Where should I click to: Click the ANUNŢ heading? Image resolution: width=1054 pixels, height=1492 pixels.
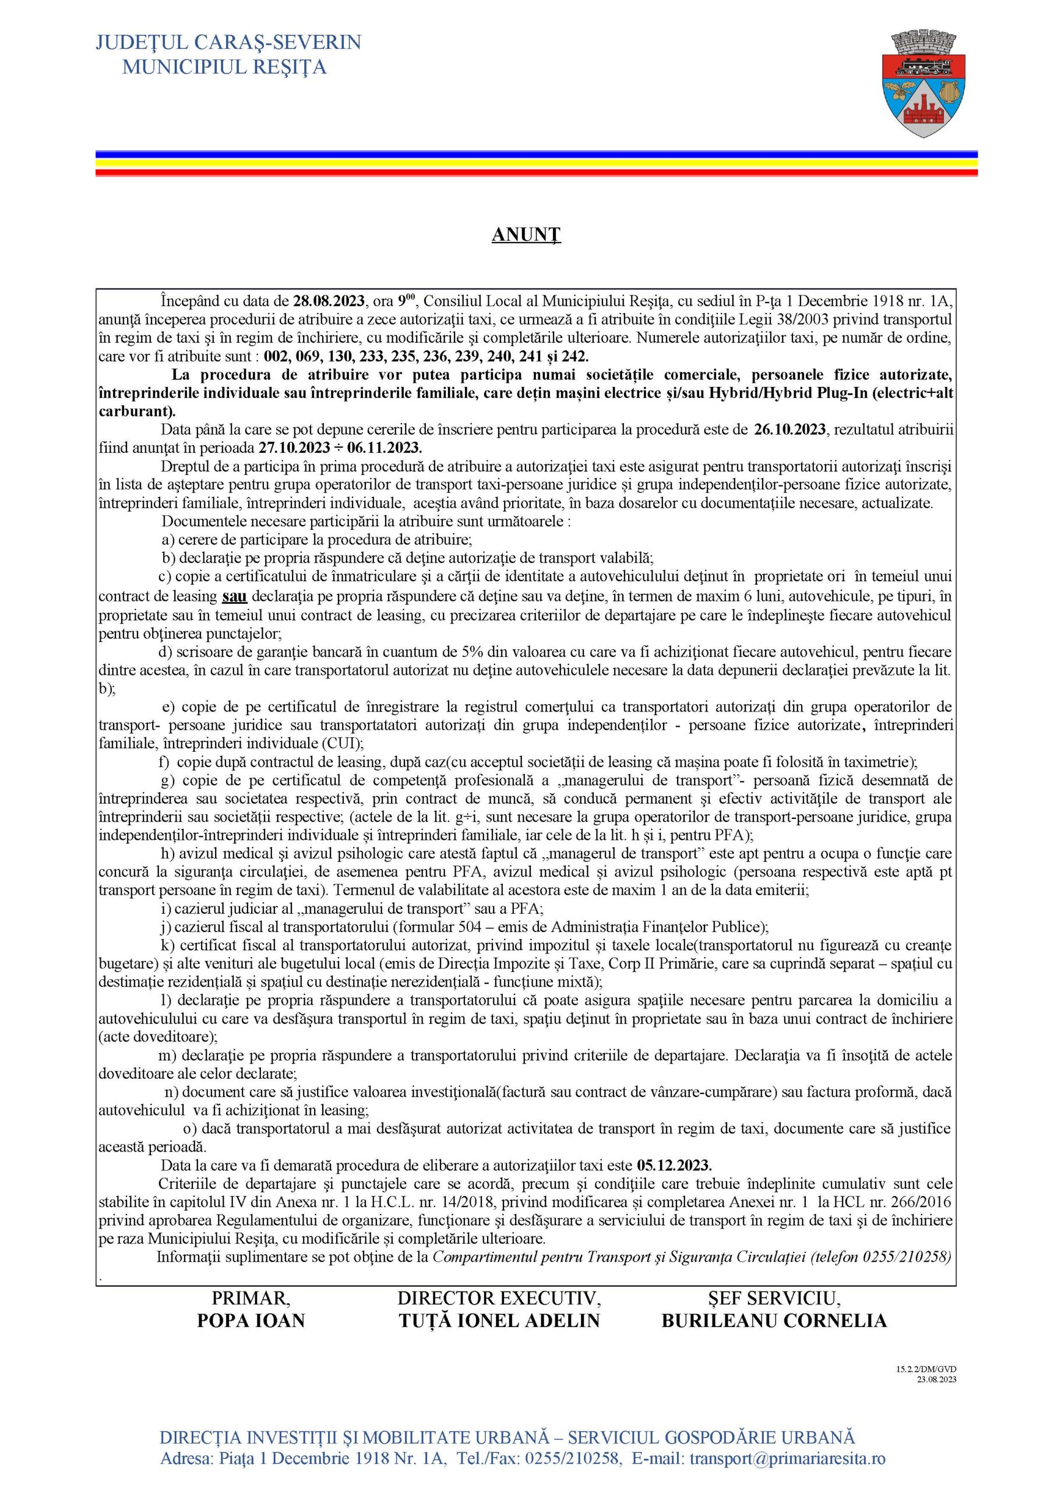coord(526,235)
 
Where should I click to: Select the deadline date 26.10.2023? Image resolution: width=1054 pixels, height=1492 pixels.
coord(789,430)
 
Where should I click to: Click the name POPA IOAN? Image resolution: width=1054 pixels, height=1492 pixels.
coord(251,1321)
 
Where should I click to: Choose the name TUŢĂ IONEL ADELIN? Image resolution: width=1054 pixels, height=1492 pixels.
coord(499,1321)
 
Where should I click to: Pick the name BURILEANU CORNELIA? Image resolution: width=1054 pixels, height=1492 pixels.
coord(774,1321)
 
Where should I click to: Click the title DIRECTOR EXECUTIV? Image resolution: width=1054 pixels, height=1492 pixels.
coord(499,1299)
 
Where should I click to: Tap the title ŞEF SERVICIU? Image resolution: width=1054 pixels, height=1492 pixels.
coord(774,1299)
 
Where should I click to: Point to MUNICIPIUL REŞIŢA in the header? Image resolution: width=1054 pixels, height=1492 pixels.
coord(224,66)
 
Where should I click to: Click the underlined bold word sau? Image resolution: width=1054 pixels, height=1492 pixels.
coord(235,596)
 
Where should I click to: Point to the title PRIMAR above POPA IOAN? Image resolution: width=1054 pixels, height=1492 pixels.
coord(251,1299)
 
